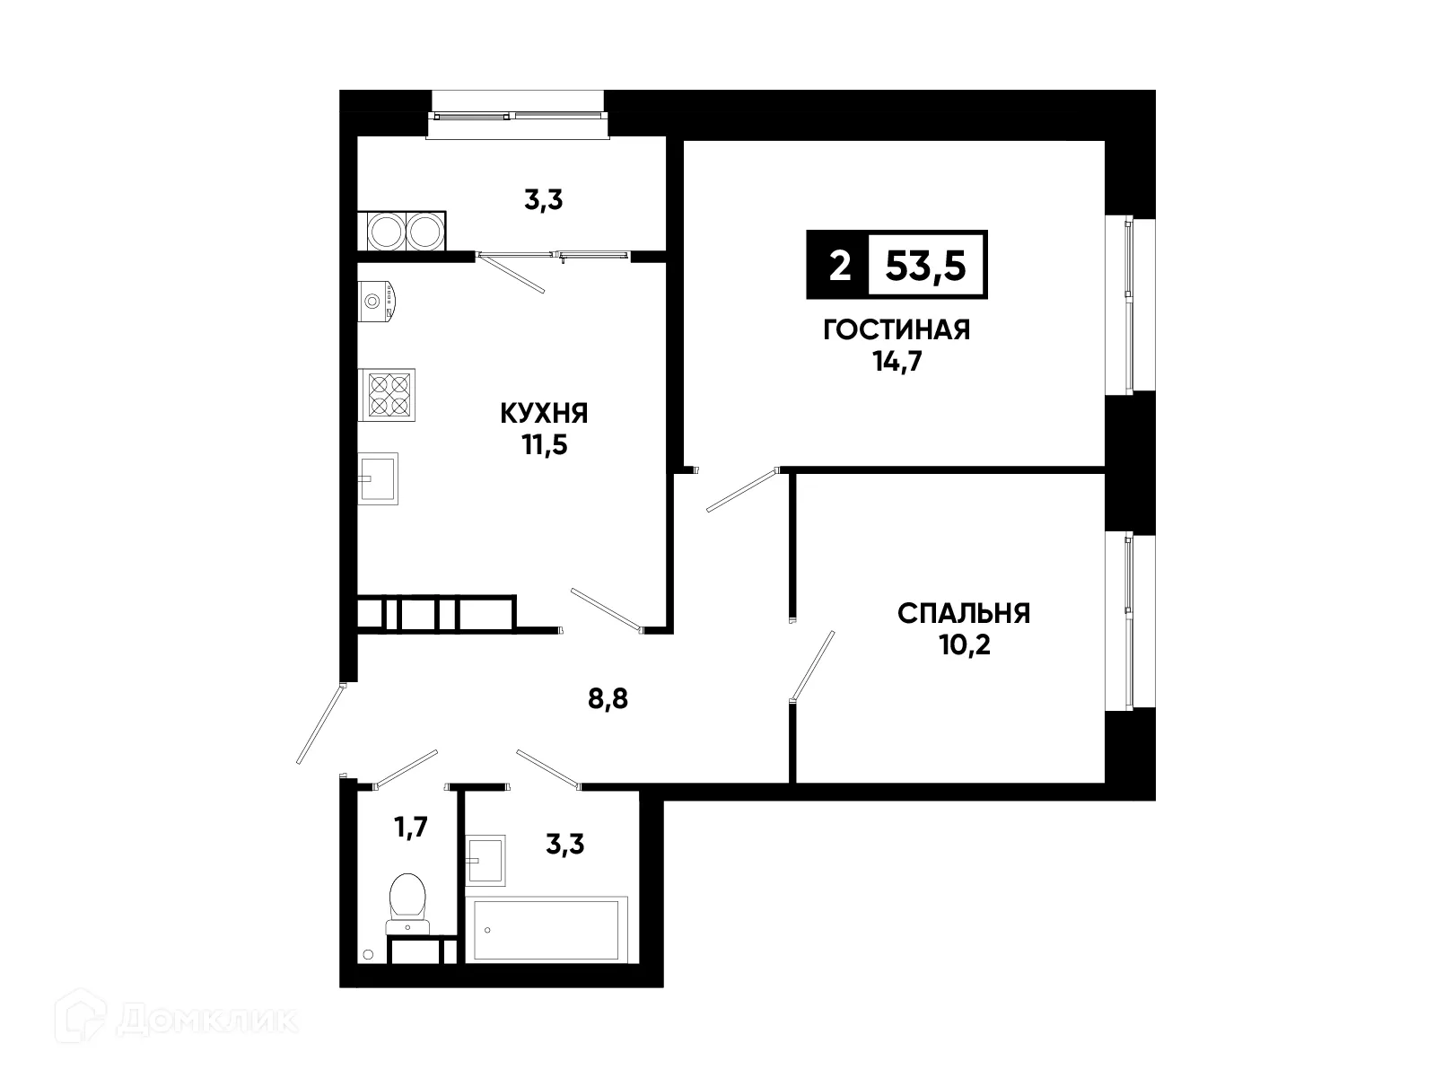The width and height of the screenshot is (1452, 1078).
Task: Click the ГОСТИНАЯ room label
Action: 897,330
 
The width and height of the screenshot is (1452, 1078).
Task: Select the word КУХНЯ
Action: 544,414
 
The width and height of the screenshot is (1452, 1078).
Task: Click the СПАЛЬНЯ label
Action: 964,614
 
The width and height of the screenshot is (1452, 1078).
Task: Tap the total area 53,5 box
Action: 926,266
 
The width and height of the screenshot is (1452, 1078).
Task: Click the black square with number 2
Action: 838,266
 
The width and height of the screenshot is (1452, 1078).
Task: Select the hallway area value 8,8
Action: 608,699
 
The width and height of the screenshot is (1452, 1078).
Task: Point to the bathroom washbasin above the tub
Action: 485,860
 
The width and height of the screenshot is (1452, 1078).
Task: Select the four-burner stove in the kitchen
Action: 388,394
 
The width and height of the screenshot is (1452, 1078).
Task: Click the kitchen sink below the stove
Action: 378,478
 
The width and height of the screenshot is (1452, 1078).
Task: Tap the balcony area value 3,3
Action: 543,200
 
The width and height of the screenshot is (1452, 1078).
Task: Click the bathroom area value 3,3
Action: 565,844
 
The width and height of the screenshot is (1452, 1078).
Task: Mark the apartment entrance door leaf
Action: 320,724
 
